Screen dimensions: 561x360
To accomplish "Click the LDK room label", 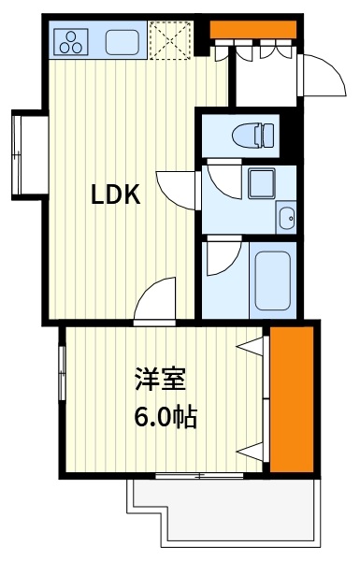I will click(115, 194).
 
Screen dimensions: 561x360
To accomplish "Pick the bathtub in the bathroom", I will click(274, 280).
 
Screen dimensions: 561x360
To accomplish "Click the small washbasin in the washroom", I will click(285, 219).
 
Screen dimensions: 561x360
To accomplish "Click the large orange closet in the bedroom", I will click(290, 400).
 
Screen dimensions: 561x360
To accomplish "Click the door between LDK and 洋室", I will click(157, 300).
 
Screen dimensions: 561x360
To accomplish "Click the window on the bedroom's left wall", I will click(63, 375).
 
